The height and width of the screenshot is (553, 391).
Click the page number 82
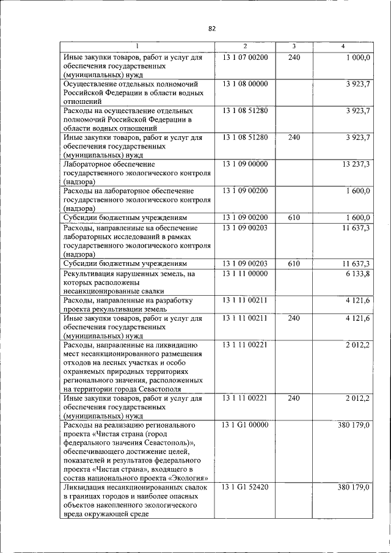(x=212, y=28)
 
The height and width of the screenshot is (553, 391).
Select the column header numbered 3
(x=294, y=46)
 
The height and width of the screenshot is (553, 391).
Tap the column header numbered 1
(x=137, y=46)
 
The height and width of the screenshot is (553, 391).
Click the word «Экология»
(x=188, y=477)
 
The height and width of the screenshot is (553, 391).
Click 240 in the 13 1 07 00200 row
(x=294, y=57)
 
